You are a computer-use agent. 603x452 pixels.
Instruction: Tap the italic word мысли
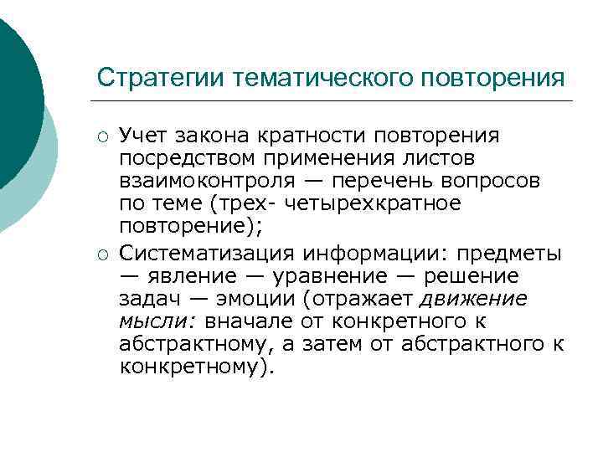(x=147, y=321)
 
